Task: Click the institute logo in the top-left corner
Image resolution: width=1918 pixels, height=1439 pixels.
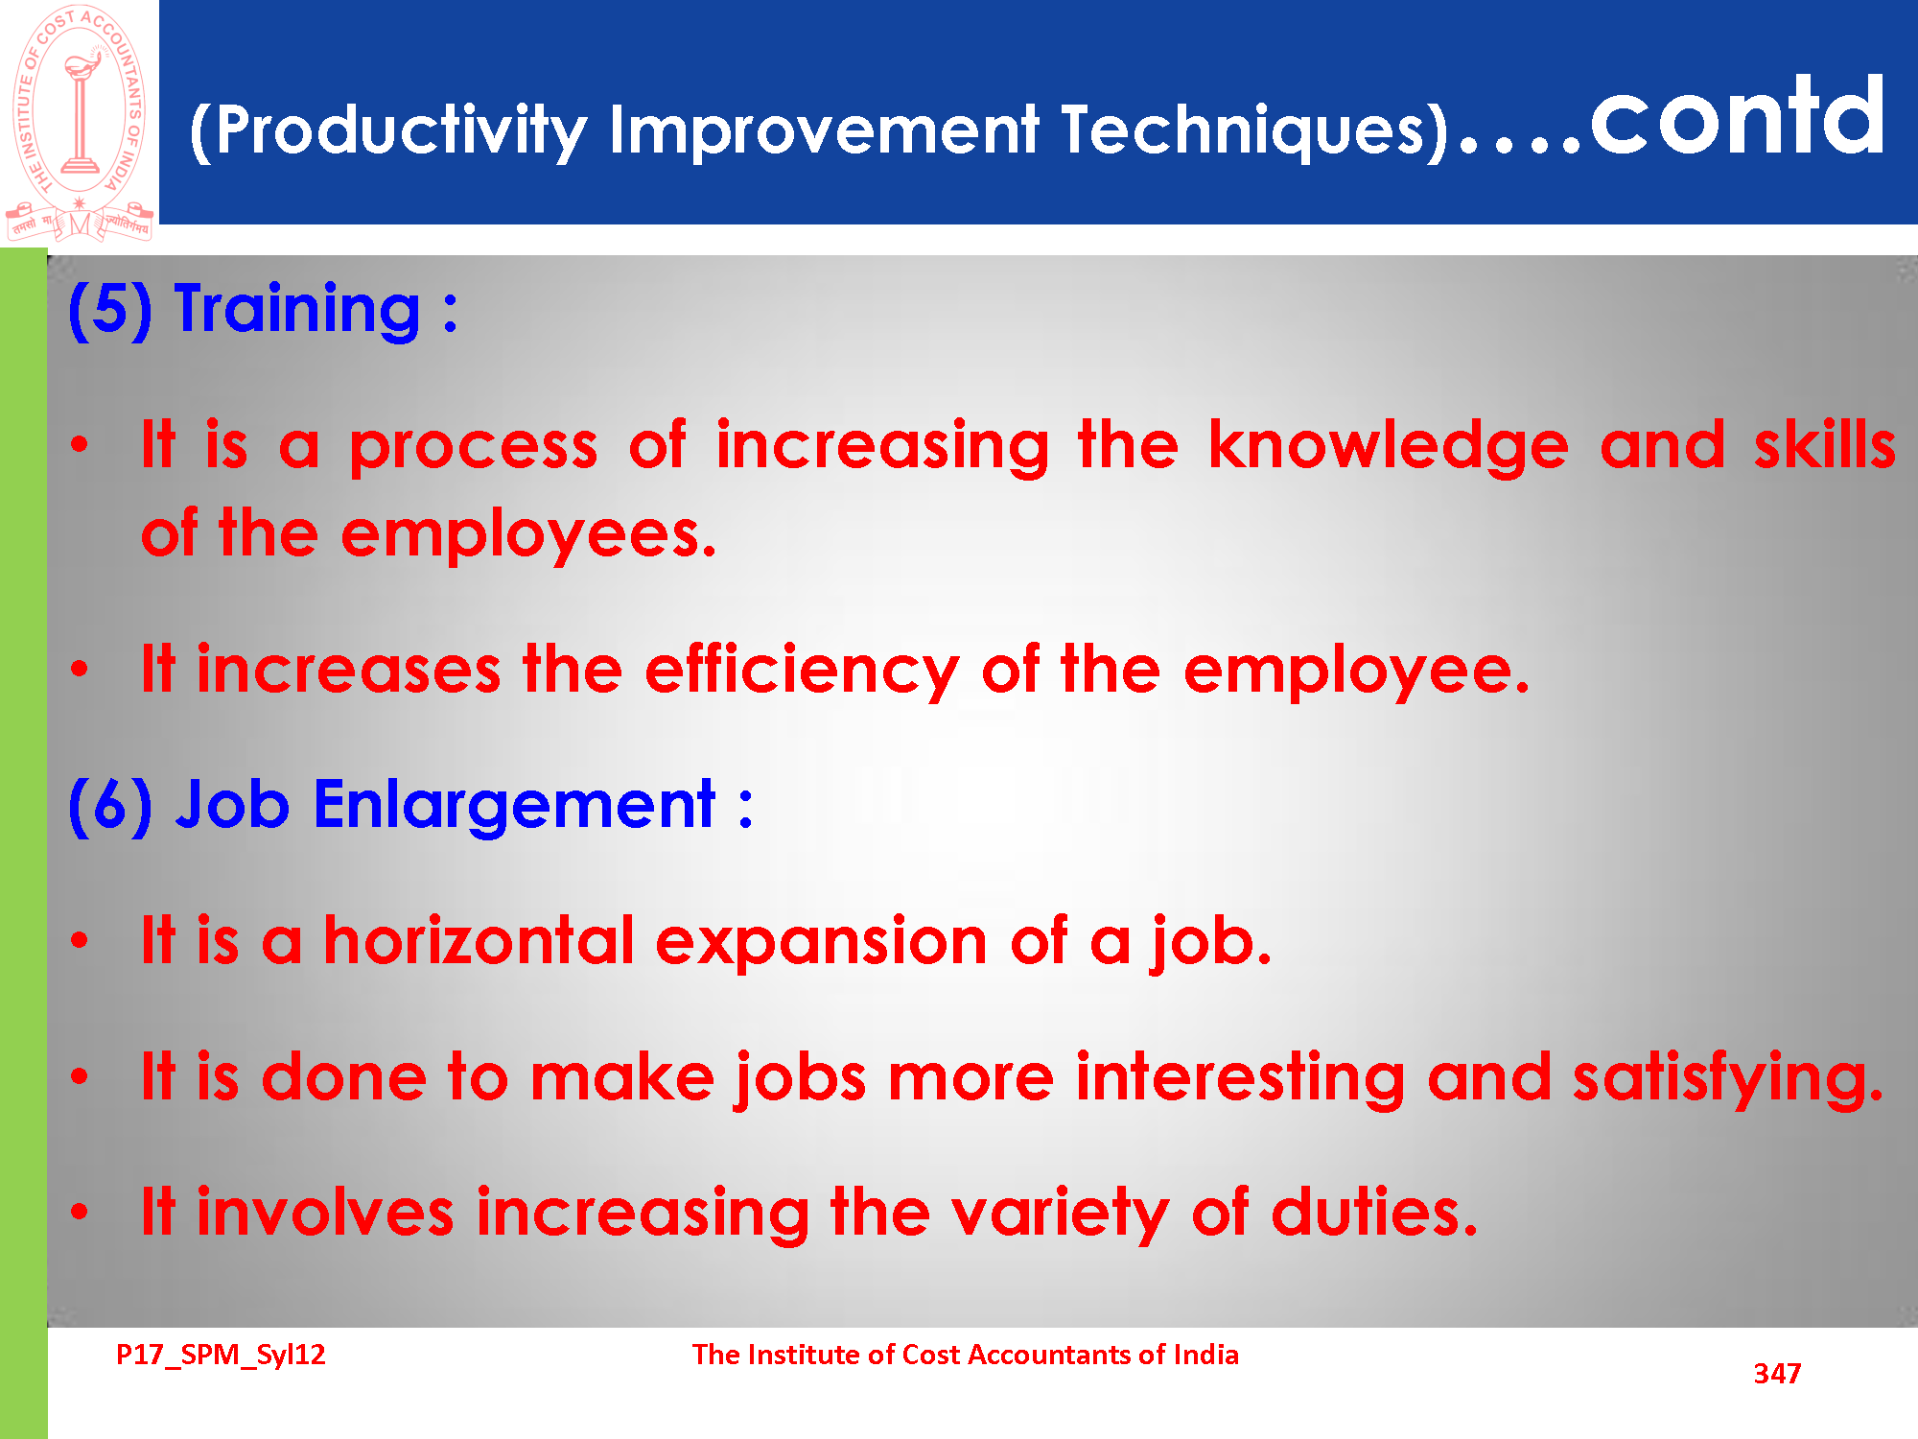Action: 80,123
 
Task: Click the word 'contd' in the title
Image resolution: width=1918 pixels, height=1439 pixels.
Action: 1738,117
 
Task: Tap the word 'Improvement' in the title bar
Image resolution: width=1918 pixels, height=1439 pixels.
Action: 824,130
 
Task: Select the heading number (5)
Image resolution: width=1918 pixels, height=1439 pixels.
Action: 109,310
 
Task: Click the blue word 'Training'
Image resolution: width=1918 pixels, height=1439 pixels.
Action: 297,310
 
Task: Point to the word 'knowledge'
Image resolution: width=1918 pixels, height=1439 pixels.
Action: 1388,447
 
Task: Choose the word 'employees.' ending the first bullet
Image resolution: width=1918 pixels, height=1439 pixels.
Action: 528,535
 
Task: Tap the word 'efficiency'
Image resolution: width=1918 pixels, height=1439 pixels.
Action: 802,671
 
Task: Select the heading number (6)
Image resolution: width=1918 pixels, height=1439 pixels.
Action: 109,806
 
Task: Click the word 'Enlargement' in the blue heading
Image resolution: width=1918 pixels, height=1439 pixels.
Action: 514,806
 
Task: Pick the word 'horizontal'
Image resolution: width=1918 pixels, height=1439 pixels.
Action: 479,940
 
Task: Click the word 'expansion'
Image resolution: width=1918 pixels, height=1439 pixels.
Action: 822,942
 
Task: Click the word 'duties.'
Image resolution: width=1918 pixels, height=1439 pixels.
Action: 1374,1212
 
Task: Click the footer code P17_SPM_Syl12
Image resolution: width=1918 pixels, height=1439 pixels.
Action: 221,1356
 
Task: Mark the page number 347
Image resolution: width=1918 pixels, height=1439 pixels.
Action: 1777,1374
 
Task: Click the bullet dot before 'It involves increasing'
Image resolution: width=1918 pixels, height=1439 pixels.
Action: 80,1212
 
